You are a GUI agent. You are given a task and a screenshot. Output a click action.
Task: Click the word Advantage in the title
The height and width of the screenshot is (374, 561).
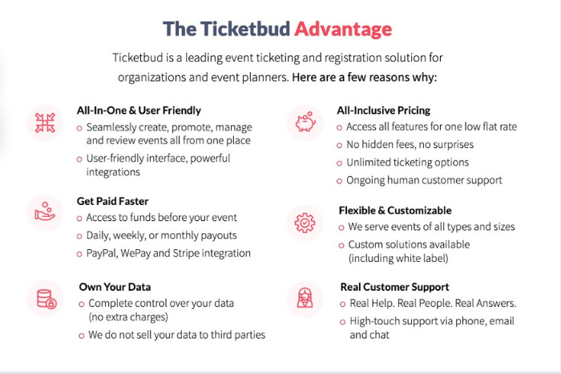click(342, 29)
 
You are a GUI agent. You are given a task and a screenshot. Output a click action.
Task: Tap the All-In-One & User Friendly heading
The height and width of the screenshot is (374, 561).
click(139, 111)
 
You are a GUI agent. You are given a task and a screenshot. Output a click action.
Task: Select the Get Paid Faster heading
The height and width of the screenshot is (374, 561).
click(112, 201)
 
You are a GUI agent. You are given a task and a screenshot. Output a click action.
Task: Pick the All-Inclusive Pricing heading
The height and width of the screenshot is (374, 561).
click(384, 111)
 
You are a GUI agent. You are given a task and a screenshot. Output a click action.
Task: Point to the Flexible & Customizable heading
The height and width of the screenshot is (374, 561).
click(401, 211)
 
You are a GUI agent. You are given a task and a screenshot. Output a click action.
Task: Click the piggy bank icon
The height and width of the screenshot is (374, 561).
click(305, 122)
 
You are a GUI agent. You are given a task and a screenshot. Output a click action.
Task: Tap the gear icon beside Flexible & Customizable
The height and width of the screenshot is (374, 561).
click(305, 223)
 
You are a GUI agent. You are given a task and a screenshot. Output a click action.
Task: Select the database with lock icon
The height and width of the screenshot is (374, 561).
click(44, 299)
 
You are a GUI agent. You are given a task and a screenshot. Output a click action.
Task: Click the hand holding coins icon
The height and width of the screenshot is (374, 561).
click(44, 212)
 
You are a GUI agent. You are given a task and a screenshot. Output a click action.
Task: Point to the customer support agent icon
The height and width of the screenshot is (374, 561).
click(305, 298)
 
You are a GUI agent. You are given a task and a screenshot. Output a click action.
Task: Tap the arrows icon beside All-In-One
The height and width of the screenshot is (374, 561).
click(44, 122)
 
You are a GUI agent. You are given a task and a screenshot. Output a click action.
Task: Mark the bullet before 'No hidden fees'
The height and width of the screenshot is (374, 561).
click(341, 146)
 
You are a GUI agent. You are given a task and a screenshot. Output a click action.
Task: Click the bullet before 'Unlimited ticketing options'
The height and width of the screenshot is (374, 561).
click(341, 163)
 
